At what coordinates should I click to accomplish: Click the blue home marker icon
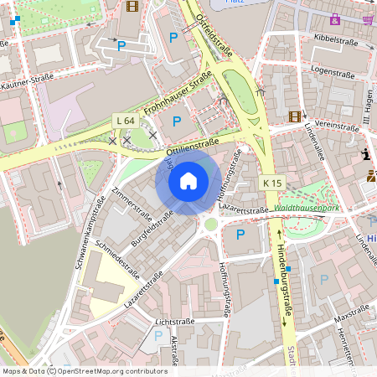click(188, 180)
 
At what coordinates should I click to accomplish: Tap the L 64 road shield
click(125, 121)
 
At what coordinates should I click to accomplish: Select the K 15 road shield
click(272, 183)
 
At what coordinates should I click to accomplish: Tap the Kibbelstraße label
click(334, 39)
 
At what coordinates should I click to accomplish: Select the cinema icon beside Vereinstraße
click(294, 116)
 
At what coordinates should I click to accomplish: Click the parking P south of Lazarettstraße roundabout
click(240, 234)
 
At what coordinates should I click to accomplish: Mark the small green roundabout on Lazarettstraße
click(210, 224)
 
